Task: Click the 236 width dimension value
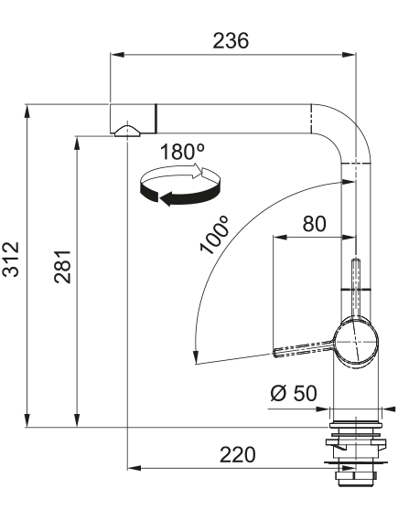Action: click(x=231, y=41)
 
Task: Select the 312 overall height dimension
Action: click(x=11, y=260)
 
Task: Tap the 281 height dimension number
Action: click(x=62, y=267)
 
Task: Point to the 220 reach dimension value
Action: click(x=238, y=455)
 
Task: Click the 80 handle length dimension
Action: click(x=314, y=224)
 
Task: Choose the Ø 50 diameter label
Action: click(x=294, y=393)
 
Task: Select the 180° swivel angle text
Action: click(x=182, y=152)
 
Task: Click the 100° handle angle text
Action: click(x=214, y=235)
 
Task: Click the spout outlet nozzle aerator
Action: click(x=127, y=131)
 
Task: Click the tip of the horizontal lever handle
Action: click(x=275, y=353)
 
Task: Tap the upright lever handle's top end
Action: click(x=356, y=261)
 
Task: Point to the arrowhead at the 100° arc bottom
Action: click(x=196, y=357)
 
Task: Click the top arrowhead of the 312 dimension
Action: click(x=27, y=111)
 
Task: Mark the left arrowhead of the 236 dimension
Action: click(x=117, y=55)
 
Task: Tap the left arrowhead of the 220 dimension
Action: click(x=134, y=468)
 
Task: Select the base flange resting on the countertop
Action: click(x=356, y=425)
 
